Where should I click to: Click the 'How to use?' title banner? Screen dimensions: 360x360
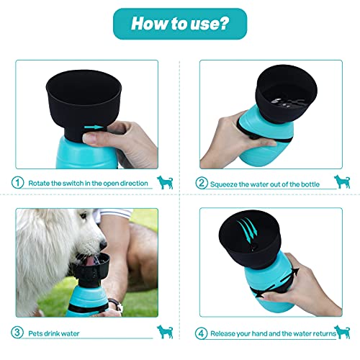[x=180, y=24]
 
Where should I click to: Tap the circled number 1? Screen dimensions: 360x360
[x=17, y=183]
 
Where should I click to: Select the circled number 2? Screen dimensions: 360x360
[x=202, y=183]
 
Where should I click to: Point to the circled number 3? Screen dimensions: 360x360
[x=17, y=333]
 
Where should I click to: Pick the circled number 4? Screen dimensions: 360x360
[x=201, y=333]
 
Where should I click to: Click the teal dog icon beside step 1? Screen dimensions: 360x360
[x=165, y=182]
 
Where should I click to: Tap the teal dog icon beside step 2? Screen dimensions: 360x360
[x=342, y=181]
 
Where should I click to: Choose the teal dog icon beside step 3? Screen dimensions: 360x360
[x=165, y=332]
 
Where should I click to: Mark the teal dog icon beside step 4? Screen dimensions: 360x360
[x=342, y=332]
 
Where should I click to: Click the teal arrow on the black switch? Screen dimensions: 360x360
[x=94, y=127]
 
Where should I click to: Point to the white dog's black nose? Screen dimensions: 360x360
[x=104, y=245]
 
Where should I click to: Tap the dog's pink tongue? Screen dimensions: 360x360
[x=91, y=261]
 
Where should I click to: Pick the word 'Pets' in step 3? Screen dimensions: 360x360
[x=35, y=333]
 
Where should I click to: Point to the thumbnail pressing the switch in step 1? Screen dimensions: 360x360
[x=88, y=138]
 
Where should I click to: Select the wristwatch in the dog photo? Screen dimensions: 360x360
[x=116, y=304]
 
